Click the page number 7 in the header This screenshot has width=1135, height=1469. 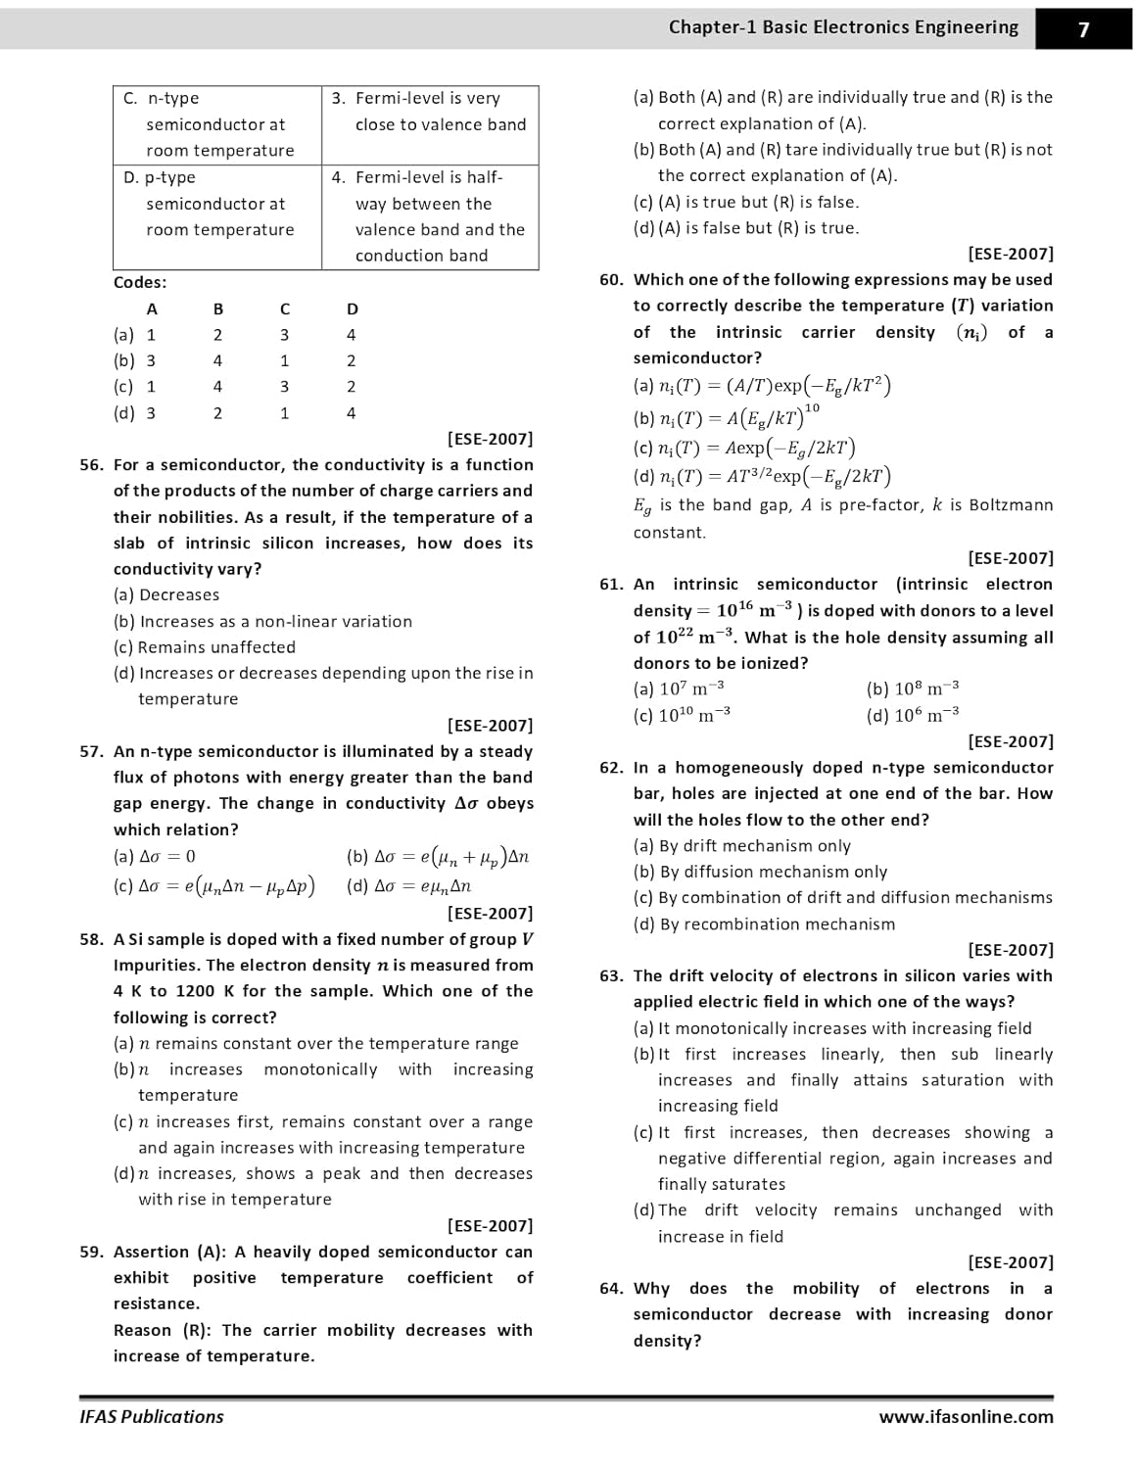point(1083,29)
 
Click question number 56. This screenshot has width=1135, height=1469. point(91,465)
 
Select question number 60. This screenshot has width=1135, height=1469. point(611,280)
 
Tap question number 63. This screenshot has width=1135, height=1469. point(611,976)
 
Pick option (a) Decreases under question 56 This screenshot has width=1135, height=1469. point(166,595)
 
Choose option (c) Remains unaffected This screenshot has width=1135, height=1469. point(204,647)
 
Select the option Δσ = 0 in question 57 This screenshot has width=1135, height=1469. point(155,857)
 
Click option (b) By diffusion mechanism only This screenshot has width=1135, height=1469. point(760,872)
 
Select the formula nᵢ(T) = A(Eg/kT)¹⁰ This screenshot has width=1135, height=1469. point(727,418)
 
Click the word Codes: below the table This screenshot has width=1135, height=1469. point(140,283)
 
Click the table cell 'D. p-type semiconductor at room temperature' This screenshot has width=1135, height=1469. point(217,204)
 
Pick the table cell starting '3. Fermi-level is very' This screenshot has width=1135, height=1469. point(429,112)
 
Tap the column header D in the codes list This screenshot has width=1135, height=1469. point(353,309)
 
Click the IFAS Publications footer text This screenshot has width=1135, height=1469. point(152,1417)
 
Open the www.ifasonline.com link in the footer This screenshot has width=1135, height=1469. point(966,1417)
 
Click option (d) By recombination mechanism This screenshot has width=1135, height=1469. point(764,924)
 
